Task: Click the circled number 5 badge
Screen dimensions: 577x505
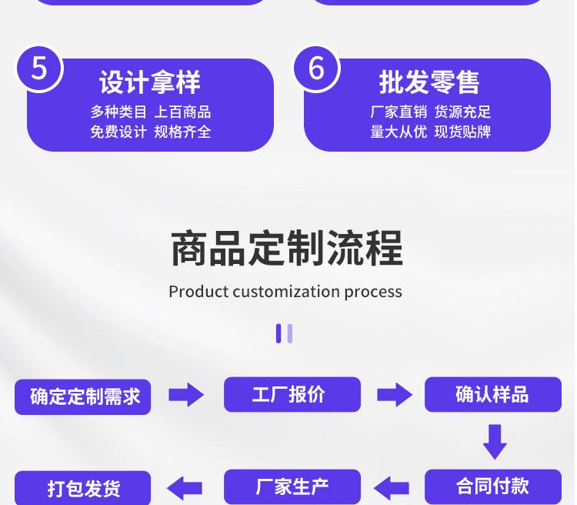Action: (39, 69)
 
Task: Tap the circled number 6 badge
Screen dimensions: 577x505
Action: (316, 69)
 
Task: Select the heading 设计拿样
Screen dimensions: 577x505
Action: (150, 82)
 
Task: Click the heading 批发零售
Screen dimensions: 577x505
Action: (429, 82)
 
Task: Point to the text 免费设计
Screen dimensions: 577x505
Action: (118, 132)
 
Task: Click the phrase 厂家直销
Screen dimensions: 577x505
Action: (398, 112)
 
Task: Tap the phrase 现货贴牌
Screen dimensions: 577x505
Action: (462, 132)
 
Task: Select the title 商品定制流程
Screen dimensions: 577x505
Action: (286, 248)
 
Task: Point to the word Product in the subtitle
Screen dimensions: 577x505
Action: (198, 292)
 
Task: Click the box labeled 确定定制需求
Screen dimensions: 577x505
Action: (83, 396)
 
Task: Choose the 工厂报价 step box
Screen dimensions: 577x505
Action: (292, 394)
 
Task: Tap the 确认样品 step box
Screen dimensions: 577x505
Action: (492, 394)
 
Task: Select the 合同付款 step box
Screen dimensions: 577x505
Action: (492, 487)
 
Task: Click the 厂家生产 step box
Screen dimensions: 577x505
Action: (292, 487)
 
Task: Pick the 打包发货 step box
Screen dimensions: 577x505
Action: (83, 488)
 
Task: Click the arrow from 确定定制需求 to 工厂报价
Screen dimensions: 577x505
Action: (186, 395)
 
